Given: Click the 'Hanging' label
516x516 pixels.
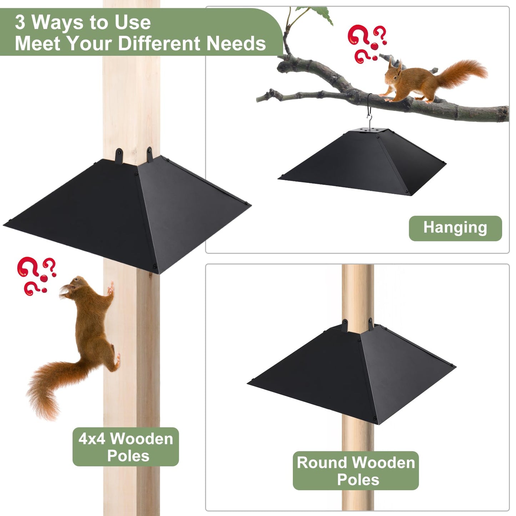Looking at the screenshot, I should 455,228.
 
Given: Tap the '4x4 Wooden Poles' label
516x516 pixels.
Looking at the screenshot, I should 126,447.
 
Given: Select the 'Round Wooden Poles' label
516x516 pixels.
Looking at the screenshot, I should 356,471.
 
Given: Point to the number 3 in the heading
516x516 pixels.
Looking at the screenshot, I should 20,22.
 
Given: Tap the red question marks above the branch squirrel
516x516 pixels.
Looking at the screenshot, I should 366,43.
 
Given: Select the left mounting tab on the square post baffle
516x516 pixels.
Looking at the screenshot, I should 119,156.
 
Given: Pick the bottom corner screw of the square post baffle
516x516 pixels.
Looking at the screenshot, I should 154,266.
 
